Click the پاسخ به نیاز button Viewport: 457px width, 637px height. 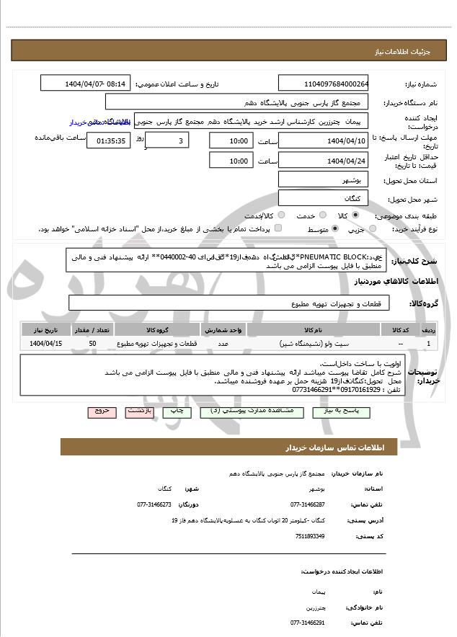[345, 411]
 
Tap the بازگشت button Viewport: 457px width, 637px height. [139, 411]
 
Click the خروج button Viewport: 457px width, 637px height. [102, 411]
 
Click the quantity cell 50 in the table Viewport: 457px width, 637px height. [92, 344]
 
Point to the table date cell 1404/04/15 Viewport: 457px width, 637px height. [47, 344]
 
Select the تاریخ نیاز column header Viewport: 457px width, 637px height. [47, 329]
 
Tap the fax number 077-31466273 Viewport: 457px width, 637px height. [154, 504]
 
